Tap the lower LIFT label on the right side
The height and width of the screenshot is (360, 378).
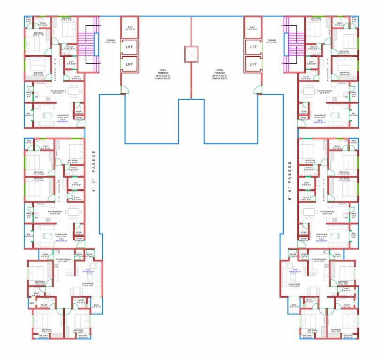pyautogui.click(x=253, y=64)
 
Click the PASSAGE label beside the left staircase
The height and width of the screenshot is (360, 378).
pyautogui.click(x=111, y=41)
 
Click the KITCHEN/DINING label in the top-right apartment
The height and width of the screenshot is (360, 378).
pyautogui.click(x=326, y=91)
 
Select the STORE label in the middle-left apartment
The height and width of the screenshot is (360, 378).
pyautogui.click(x=79, y=232)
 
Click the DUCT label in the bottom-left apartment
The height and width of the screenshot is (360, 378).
pyautogui.click(x=32, y=303)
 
